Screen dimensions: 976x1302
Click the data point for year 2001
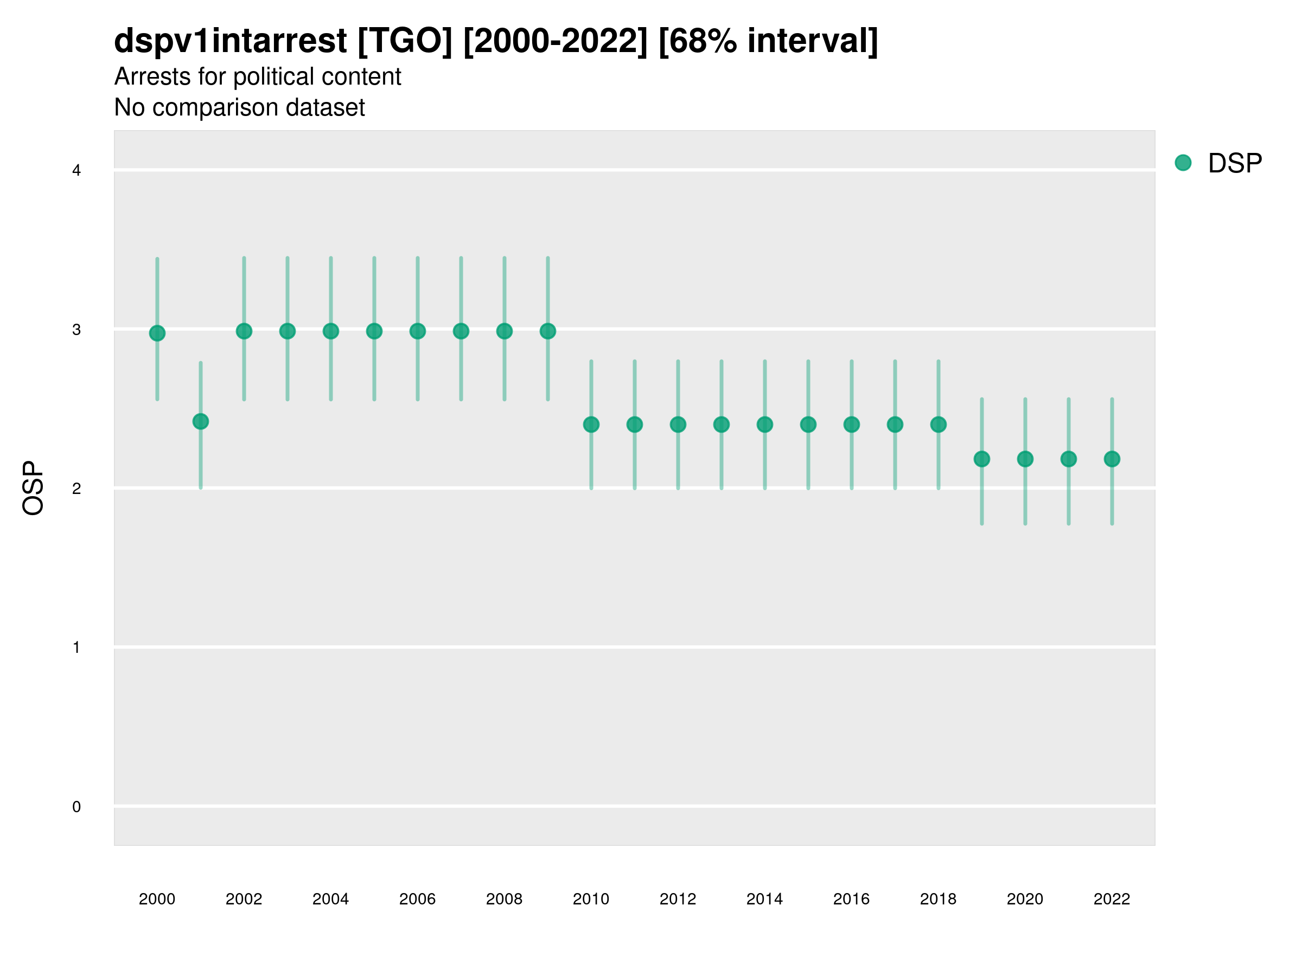click(x=201, y=421)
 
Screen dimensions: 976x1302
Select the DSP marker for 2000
click(x=157, y=333)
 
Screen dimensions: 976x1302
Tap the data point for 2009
click(x=548, y=331)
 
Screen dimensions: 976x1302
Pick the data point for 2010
click(x=591, y=424)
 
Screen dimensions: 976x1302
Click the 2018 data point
click(x=938, y=424)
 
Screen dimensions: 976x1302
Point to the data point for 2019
click(x=982, y=459)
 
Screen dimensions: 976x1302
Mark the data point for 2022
click(x=1112, y=459)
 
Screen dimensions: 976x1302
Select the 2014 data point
click(x=764, y=424)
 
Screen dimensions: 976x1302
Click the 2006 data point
click(x=418, y=331)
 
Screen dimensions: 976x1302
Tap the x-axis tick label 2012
click(x=678, y=899)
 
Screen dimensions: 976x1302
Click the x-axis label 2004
click(x=330, y=899)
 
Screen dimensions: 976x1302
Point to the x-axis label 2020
click(x=1025, y=899)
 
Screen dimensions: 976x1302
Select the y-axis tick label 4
click(x=76, y=171)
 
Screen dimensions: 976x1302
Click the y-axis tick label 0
click(x=76, y=807)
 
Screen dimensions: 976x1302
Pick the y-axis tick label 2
click(x=76, y=489)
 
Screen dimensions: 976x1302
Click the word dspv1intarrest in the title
click(x=230, y=41)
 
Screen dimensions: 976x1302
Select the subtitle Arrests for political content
click(x=257, y=76)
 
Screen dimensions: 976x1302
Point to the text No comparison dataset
click(x=239, y=107)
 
